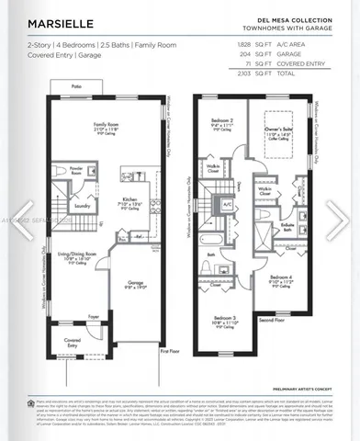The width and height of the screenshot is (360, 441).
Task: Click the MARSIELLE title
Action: pyautogui.click(x=57, y=24)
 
